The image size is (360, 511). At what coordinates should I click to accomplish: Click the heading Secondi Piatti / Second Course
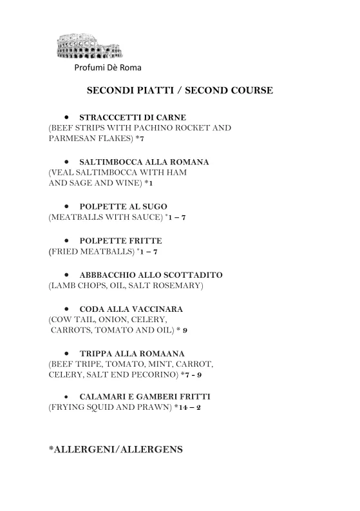pos(180,91)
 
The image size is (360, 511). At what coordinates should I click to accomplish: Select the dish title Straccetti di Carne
pos(132,117)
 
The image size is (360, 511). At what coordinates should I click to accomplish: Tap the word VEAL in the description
pos(63,172)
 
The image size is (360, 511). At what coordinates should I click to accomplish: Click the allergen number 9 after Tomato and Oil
pos(184,330)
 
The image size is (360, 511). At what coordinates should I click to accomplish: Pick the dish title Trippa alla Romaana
pos(131,353)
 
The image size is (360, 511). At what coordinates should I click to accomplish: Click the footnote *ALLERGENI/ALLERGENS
pos(116,448)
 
